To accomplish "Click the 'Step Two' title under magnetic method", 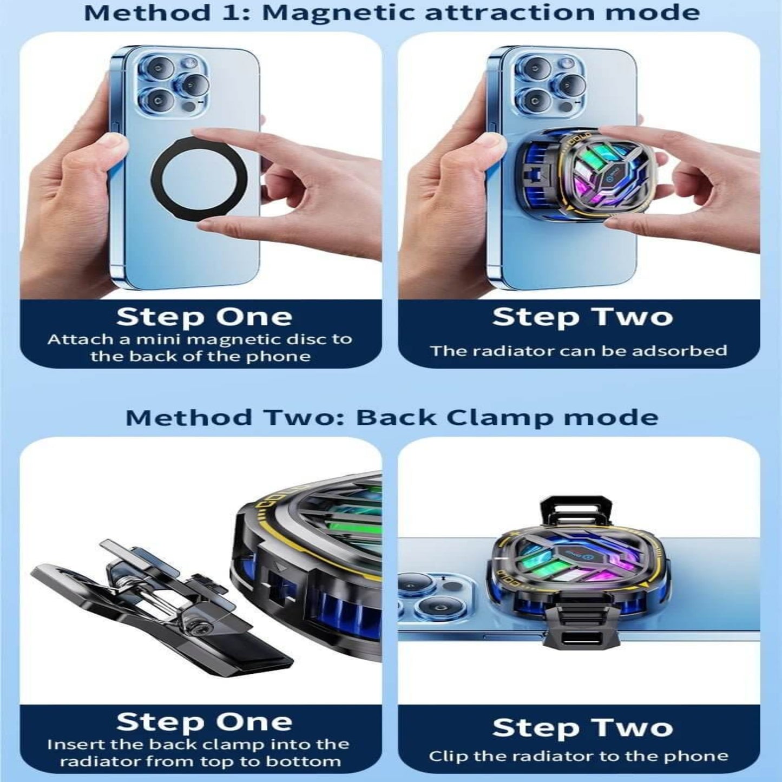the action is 582,317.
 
